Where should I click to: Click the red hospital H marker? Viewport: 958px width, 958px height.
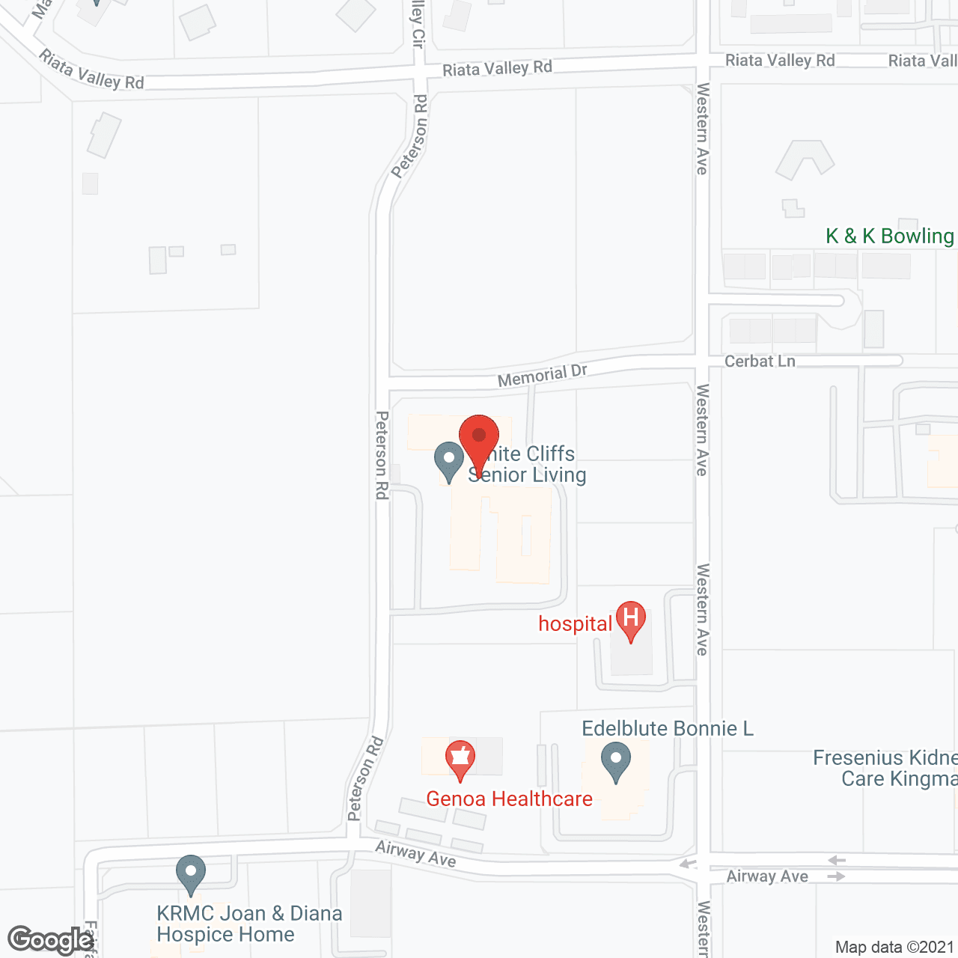pos(631,618)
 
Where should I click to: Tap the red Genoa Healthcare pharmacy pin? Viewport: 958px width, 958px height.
pos(460,757)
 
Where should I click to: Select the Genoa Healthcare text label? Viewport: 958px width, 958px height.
pos(509,799)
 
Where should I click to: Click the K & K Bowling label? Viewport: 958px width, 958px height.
pos(889,237)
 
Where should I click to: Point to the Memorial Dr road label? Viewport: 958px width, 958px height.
pos(542,376)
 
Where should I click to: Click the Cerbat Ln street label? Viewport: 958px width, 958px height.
pos(760,361)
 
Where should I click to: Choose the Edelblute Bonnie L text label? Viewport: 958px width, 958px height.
pos(668,728)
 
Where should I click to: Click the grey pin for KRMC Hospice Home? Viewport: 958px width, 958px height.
pos(191,872)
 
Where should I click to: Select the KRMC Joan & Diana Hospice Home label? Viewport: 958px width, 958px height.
pos(249,924)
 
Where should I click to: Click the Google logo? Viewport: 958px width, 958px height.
pos(50,940)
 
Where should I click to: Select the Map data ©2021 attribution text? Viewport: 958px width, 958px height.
pos(894,947)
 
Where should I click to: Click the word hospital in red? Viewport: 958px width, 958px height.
pos(575,624)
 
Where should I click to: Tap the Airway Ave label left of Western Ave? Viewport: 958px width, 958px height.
pos(415,854)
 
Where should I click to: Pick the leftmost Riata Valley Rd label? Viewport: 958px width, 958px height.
pos(91,70)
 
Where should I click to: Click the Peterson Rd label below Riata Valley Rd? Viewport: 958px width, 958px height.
pos(410,137)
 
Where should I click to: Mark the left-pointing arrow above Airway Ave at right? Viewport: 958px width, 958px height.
pos(837,861)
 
